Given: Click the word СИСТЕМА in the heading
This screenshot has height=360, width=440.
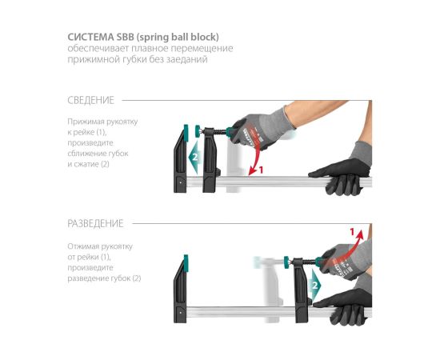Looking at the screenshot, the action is point(90,37).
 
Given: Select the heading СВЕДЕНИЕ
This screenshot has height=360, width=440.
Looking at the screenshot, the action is point(91,100).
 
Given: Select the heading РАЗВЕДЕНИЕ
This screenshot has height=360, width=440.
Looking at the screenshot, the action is point(95,223).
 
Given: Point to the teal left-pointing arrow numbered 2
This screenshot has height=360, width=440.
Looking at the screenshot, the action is point(194,157).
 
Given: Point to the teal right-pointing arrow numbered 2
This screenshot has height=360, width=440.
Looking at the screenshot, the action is point(315,285).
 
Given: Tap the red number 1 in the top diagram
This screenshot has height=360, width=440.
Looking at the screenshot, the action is point(262,170).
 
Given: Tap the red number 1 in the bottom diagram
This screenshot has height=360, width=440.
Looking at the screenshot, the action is point(353,232).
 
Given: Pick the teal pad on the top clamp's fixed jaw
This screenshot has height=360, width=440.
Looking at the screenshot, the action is point(186,132).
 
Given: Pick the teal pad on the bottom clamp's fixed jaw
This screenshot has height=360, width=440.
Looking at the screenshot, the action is point(186,262).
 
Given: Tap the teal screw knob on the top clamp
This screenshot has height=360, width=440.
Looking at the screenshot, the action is point(198,131).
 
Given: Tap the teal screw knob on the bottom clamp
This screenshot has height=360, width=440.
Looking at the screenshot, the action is point(286,262).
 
